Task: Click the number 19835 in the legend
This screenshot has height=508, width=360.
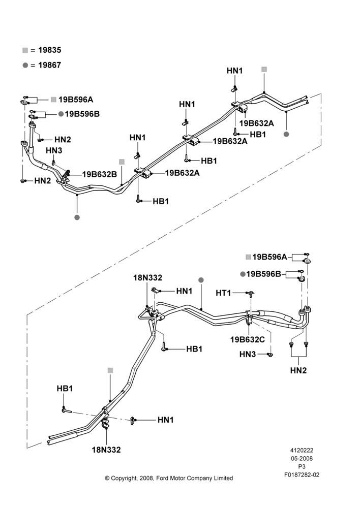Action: coord(50,50)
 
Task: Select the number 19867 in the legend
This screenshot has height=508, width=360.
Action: coord(50,65)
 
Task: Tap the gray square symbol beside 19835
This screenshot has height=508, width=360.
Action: coord(25,50)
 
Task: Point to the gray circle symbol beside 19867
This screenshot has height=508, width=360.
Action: coord(25,65)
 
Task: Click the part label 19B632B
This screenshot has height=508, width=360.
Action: coord(99,174)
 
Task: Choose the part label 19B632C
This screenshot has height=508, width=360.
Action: coord(248,339)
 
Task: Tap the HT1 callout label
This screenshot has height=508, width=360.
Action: coord(223,293)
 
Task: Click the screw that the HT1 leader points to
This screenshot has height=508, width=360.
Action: coord(251,294)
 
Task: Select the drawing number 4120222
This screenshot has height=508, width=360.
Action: coord(302,450)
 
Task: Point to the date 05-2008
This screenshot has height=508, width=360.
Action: coord(302,458)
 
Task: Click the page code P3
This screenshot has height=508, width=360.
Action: coord(302,467)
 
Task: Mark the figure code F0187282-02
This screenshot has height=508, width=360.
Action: coord(302,475)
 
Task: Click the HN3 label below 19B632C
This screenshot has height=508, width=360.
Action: coord(248,355)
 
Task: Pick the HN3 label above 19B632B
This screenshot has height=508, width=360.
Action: coord(54,150)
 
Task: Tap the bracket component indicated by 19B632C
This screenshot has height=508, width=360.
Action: coord(249,317)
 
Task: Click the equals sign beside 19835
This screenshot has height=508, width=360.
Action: coord(33,50)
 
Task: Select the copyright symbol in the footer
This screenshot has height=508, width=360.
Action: coord(107,478)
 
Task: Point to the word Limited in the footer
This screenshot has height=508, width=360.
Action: coord(223,478)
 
